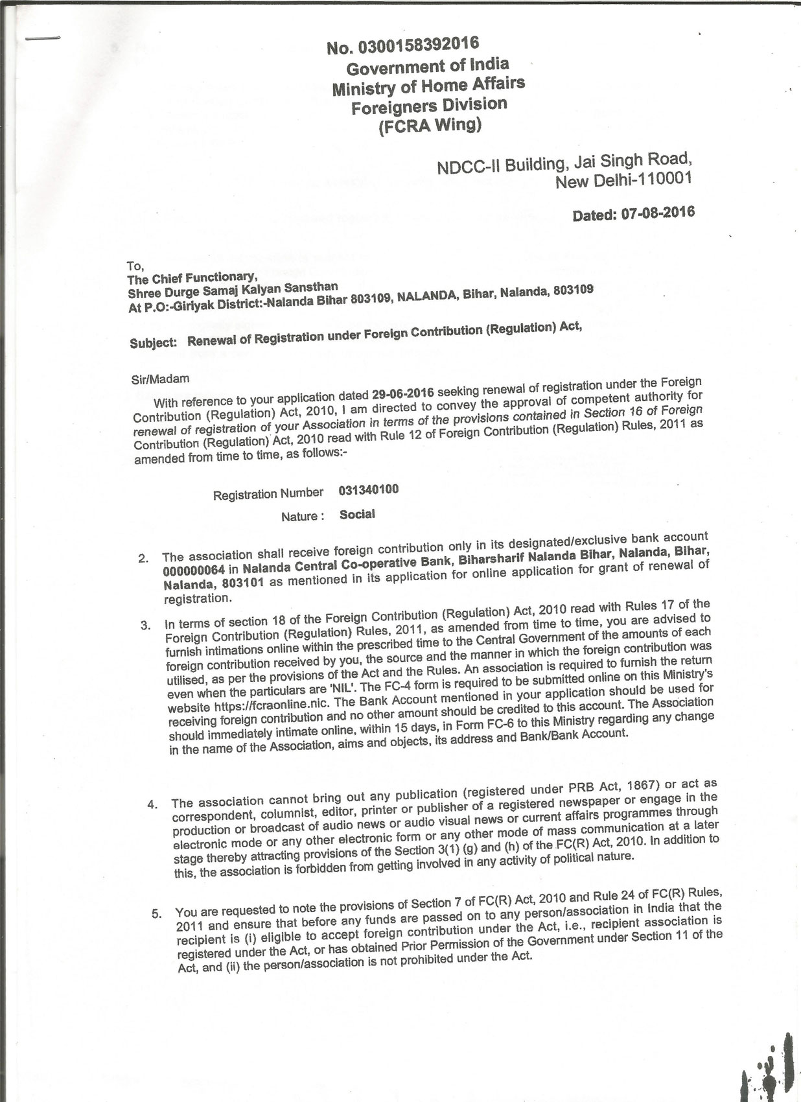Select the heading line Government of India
tap(428, 66)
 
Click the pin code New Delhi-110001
tap(623, 180)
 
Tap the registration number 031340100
tap(368, 489)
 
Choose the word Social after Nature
tap(357, 515)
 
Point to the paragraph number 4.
tap(152, 805)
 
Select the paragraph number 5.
tap(156, 914)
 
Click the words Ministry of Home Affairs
tap(428, 85)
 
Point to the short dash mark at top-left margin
tap(42, 38)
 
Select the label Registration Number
tap(268, 495)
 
